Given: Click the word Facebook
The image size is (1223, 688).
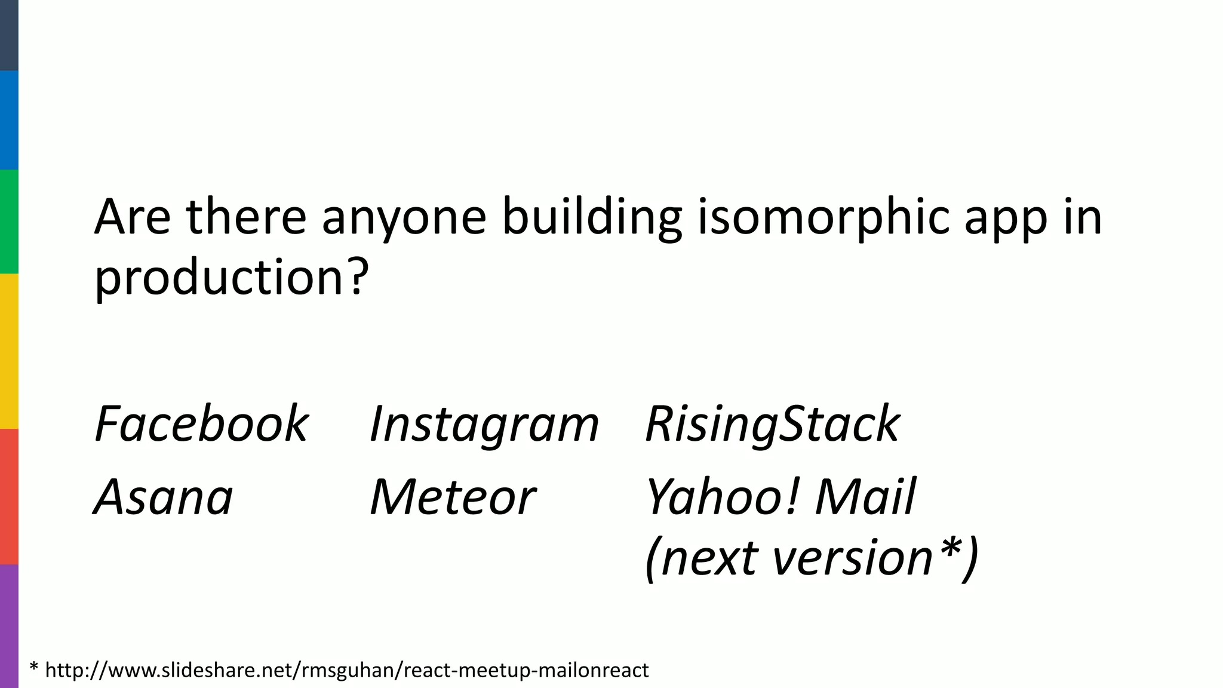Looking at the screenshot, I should (201, 424).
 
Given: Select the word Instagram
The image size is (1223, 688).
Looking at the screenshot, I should (484, 425).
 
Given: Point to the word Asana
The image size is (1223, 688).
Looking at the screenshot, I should (163, 497).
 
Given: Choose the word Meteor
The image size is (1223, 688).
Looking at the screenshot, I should (453, 497).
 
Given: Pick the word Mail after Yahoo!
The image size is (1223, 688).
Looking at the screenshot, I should (865, 497).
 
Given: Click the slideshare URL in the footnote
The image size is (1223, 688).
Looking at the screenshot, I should (346, 670).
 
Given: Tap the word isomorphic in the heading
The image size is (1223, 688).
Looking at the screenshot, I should (823, 217).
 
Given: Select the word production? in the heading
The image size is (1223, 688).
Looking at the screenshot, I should (232, 278).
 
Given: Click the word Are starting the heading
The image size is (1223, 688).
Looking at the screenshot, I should (133, 216).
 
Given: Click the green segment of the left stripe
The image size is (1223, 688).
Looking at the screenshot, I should (9, 222).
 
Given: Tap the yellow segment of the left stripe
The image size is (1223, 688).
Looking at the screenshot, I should (9, 351).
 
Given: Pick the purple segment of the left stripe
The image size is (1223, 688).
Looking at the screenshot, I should (9, 626).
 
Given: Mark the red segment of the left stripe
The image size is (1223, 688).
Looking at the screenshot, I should (9, 496).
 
